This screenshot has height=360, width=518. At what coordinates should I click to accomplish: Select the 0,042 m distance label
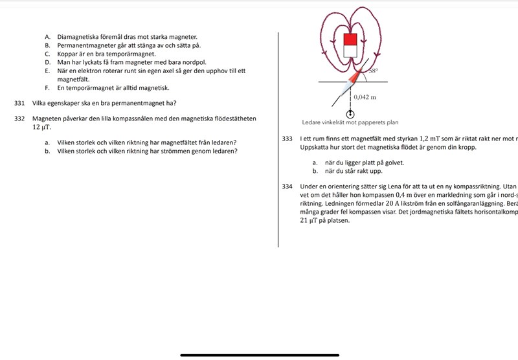[365, 96]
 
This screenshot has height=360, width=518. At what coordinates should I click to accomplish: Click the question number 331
[19, 103]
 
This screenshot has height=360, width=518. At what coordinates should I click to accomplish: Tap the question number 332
[19, 118]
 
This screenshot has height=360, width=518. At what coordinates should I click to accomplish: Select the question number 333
[288, 139]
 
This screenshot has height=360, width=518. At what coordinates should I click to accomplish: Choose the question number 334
[288, 186]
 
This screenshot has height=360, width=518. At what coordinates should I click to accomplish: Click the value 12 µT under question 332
[41, 128]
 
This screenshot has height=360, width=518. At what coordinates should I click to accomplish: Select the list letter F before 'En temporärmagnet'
[47, 87]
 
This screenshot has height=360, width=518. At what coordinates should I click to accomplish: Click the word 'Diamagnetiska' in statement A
[78, 38]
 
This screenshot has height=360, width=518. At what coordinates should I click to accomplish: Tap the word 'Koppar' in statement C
[68, 54]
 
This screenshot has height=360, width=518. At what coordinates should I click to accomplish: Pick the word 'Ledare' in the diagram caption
[312, 121]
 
